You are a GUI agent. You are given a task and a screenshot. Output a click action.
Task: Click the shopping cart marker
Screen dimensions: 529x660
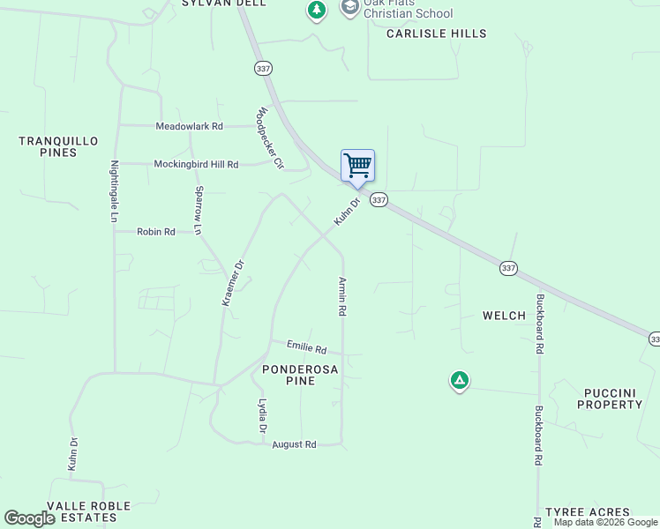(x=357, y=166)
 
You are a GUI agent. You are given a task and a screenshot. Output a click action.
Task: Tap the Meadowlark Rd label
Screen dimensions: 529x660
(x=189, y=126)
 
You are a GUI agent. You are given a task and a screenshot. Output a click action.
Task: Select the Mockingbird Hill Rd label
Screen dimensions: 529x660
(x=196, y=164)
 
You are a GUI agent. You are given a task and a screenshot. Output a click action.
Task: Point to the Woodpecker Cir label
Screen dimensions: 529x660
(x=271, y=138)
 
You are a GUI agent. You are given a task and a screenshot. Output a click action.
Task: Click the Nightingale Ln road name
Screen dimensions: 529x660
(x=114, y=190)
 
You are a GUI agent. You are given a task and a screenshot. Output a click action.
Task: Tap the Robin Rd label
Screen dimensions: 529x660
(x=156, y=232)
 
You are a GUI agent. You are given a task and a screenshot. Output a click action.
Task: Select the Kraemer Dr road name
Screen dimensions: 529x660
(x=232, y=283)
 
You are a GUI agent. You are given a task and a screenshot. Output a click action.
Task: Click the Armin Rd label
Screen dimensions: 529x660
(x=342, y=297)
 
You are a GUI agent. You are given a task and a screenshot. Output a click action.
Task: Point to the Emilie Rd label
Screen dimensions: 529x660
(x=306, y=348)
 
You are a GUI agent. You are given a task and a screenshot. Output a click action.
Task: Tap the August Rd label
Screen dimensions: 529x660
(x=294, y=444)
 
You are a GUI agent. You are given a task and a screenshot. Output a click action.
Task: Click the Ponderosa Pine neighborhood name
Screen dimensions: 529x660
(x=299, y=376)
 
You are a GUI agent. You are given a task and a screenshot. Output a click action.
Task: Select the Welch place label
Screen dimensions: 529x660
(x=504, y=316)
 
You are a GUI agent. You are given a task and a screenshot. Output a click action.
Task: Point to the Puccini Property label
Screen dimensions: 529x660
(x=610, y=399)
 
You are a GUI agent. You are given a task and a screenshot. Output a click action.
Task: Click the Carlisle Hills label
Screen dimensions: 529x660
(x=437, y=34)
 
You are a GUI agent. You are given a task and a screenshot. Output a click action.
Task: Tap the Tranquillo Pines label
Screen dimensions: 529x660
(x=58, y=146)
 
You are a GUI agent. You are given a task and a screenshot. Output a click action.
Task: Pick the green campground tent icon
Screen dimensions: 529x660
(x=459, y=381)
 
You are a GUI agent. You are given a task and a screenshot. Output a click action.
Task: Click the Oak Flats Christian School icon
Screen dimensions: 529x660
(x=349, y=8)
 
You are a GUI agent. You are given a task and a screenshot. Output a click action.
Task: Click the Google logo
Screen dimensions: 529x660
(x=30, y=518)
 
